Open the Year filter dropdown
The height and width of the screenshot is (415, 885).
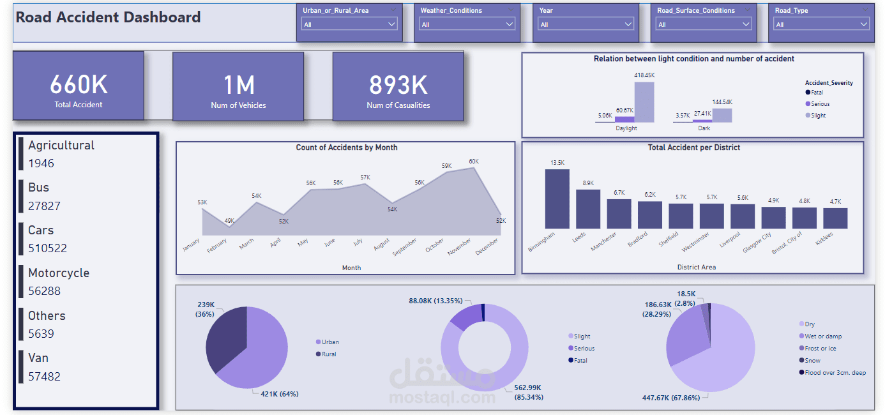tap(585, 24)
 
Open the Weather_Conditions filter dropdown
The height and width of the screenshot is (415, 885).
tap(467, 24)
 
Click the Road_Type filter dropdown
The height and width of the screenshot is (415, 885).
tap(821, 24)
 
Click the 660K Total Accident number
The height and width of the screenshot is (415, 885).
tap(79, 85)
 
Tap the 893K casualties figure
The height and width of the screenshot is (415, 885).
tap(398, 85)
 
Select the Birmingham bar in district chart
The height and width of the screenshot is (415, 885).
tap(557, 199)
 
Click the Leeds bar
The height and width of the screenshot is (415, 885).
tap(588, 209)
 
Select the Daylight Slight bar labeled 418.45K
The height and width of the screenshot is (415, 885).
tap(644, 102)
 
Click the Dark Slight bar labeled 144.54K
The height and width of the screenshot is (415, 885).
tap(722, 115)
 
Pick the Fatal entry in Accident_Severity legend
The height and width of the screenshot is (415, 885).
tap(817, 93)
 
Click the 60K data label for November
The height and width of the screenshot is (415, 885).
tap(473, 162)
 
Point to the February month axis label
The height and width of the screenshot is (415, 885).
tap(217, 246)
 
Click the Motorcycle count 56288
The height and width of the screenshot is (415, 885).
tap(44, 291)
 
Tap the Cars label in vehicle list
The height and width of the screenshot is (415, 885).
tap(41, 230)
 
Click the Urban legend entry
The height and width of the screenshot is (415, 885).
tap(330, 342)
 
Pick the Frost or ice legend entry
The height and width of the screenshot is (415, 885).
tap(820, 349)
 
